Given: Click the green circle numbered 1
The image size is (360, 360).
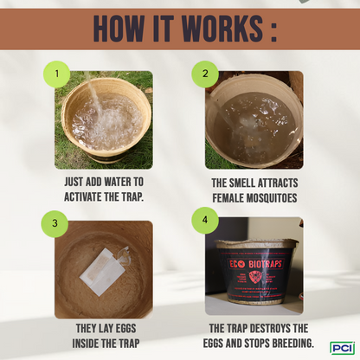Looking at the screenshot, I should tap(58, 74).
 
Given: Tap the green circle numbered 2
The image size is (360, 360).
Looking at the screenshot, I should tap(205, 74).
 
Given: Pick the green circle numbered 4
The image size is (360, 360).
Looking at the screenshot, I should tap(205, 222).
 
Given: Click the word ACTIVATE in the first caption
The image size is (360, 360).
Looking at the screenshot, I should tap(86, 196).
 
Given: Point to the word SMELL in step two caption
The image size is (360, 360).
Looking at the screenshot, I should tap(254, 183).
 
